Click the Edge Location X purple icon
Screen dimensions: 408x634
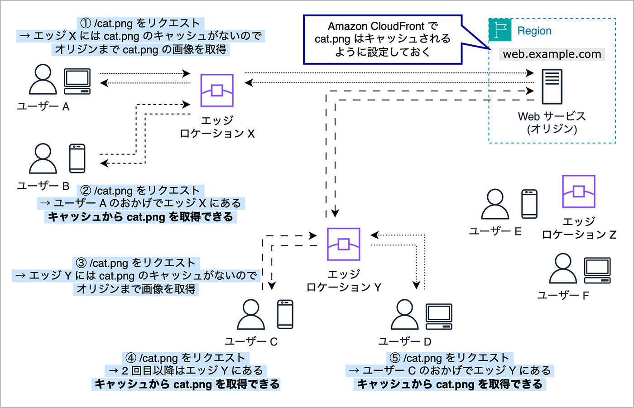tap(217, 90)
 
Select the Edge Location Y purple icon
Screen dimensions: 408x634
tap(344, 244)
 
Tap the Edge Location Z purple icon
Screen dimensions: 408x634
tap(578, 191)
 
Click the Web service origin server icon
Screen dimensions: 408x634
tap(552, 86)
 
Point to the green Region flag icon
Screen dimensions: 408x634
tap(500, 30)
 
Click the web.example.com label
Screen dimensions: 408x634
tap(552, 54)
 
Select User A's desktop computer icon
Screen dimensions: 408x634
tap(77, 81)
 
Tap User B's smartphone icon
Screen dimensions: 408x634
tap(77, 158)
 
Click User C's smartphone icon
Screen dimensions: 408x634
tap(285, 314)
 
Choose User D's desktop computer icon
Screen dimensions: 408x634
tap(439, 317)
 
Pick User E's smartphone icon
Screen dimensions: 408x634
tap(529, 204)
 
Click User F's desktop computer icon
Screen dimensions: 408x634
tap(597, 270)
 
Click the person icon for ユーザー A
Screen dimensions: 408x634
tap(43, 80)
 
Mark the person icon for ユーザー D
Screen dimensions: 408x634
tap(405, 315)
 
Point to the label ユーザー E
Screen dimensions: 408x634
tap(495, 231)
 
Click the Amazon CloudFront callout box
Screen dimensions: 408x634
tap(383, 39)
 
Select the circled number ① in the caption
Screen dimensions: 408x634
tap(86, 23)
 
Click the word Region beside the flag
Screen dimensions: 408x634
tap(534, 31)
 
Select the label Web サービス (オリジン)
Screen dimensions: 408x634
tap(552, 123)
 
